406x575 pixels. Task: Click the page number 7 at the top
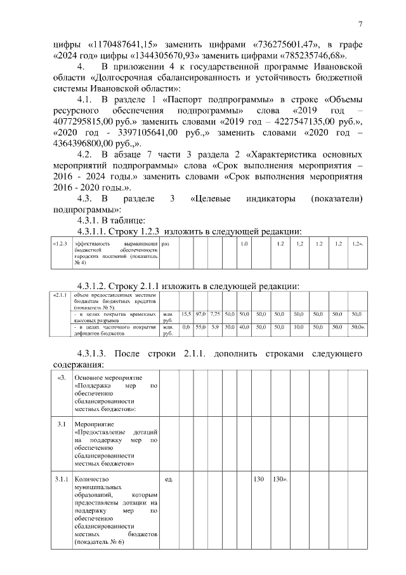(360, 25)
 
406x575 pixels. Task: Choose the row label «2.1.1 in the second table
(62, 295)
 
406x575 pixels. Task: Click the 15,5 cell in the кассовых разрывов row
(186, 314)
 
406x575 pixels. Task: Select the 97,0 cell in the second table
(201, 314)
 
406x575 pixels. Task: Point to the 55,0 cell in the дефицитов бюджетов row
(201, 327)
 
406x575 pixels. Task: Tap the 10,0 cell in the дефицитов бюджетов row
(299, 327)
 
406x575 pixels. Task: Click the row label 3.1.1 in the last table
(62, 478)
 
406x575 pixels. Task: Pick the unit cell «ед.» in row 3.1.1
(169, 478)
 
